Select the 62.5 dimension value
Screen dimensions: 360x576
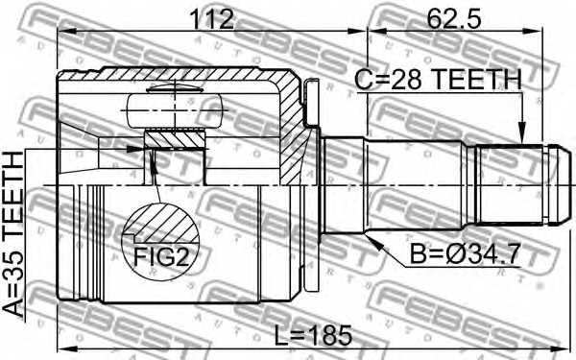tap(436, 16)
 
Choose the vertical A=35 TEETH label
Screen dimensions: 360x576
tap(13, 239)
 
